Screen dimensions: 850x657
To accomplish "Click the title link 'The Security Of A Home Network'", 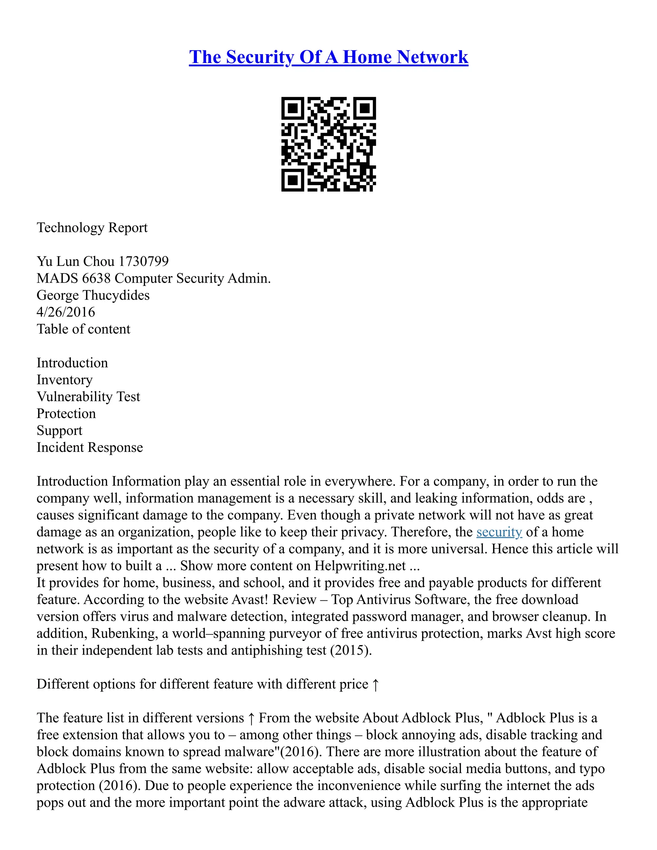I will click(x=328, y=57).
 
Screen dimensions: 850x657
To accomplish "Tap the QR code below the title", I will click(x=328, y=144).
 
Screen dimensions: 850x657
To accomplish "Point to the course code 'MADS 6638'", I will click(x=73, y=278).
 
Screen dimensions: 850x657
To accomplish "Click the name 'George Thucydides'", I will click(x=93, y=295).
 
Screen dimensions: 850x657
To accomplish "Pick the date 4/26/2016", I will click(x=66, y=312).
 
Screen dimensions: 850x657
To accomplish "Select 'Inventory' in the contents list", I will click(x=64, y=379).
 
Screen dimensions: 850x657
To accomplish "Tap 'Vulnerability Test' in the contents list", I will click(x=88, y=396).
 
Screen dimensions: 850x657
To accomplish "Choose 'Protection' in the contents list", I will click(x=66, y=413).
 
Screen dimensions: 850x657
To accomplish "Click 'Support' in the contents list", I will click(x=60, y=430).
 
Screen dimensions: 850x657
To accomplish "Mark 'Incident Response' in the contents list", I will click(x=90, y=447).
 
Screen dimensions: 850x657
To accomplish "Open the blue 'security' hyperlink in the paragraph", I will click(x=499, y=532).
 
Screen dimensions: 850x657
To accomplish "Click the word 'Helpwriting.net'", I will click(x=360, y=566).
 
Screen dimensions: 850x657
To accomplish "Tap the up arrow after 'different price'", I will click(x=375, y=684).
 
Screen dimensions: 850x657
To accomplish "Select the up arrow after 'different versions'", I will click(x=252, y=718).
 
